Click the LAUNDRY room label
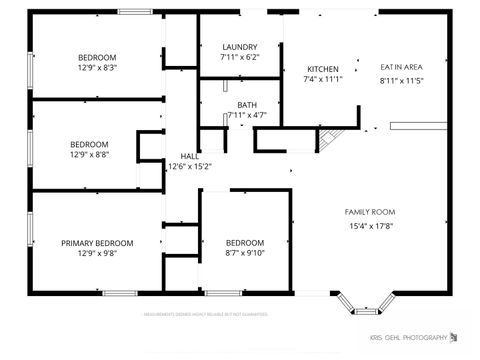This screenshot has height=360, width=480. click(240, 47)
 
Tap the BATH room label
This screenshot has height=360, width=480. click(246, 105)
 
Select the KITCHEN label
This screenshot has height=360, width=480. click(322, 68)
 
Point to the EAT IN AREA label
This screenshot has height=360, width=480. click(401, 67)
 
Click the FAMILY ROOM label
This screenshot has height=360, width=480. click(370, 212)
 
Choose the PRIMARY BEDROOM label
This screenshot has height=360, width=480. click(97, 243)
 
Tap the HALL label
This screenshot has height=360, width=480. click(189, 156)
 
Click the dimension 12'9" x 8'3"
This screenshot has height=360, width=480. click(97, 68)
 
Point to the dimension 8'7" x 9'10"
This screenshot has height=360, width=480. click(244, 254)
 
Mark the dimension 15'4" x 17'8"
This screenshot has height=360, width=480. click(370, 226)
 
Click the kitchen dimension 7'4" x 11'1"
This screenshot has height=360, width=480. click(322, 79)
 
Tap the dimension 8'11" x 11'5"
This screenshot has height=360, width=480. click(401, 79)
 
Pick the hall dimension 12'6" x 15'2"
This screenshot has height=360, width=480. click(189, 167)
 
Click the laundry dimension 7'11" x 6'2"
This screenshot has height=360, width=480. click(240, 58)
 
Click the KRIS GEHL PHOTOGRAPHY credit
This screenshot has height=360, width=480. click(408, 337)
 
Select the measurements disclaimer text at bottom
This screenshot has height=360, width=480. click(204, 313)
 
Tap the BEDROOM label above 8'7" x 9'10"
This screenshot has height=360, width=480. click(244, 243)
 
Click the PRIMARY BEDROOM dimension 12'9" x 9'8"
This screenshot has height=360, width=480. click(97, 254)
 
